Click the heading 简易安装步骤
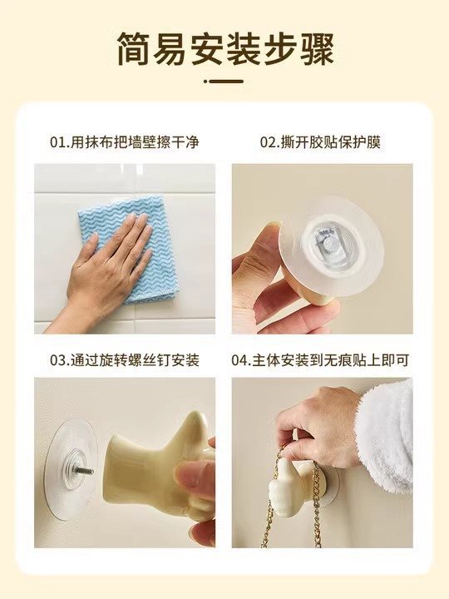pyautogui.click(x=225, y=50)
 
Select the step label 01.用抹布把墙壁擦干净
pyautogui.click(x=125, y=142)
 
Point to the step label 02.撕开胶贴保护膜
pyautogui.click(x=320, y=142)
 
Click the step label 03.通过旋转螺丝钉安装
pyautogui.click(x=125, y=360)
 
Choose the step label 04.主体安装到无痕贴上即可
pyautogui.click(x=320, y=360)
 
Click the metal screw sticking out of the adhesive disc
pyautogui.click(x=87, y=471)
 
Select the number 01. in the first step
pyautogui.click(x=59, y=142)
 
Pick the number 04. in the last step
pyautogui.click(x=241, y=360)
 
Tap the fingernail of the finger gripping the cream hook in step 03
pyautogui.click(x=188, y=477)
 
